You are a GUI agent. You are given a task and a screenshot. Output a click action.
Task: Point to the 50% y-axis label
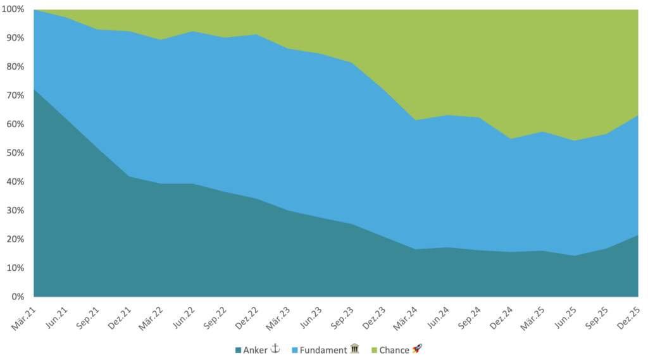15,153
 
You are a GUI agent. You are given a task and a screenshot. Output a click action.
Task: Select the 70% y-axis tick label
15,96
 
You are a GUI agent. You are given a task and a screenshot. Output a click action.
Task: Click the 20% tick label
15,239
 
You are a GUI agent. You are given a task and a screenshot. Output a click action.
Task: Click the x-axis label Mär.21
24,314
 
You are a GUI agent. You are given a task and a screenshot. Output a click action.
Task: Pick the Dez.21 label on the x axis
119,314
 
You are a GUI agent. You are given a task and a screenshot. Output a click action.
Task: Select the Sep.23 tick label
341,314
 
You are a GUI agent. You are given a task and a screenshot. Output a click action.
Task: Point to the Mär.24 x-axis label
404,314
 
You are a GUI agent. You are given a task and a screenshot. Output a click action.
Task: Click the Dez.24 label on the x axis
500,314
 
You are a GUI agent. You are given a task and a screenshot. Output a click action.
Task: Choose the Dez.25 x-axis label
627,314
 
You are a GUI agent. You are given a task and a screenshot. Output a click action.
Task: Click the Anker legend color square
239,350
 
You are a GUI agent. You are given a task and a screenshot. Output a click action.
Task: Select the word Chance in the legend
394,350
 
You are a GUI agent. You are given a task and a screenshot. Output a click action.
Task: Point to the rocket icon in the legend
417,349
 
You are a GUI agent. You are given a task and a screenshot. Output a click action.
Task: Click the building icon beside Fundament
354,349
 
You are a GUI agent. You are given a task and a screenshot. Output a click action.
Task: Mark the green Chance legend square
374,350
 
